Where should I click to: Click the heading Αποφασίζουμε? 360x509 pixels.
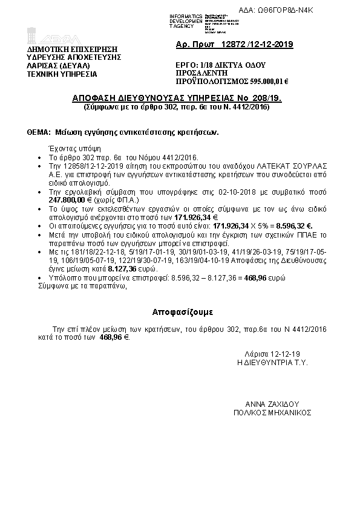tap(180, 313)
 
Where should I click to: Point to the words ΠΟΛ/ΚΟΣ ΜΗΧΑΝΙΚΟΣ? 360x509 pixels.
tap(273, 413)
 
